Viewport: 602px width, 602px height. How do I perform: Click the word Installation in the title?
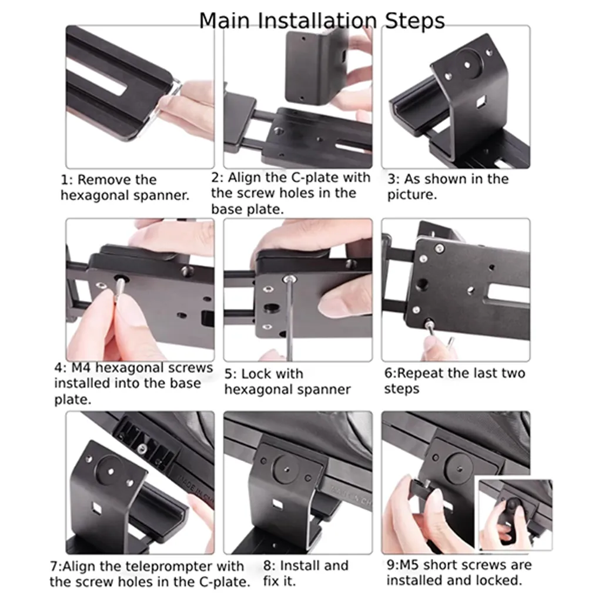(318, 21)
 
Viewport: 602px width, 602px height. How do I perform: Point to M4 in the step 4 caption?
(81, 368)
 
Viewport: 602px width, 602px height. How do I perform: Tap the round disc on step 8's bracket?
(287, 469)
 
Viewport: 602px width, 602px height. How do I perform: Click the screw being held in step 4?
(119, 289)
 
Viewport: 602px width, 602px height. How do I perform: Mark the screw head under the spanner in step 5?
(290, 279)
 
